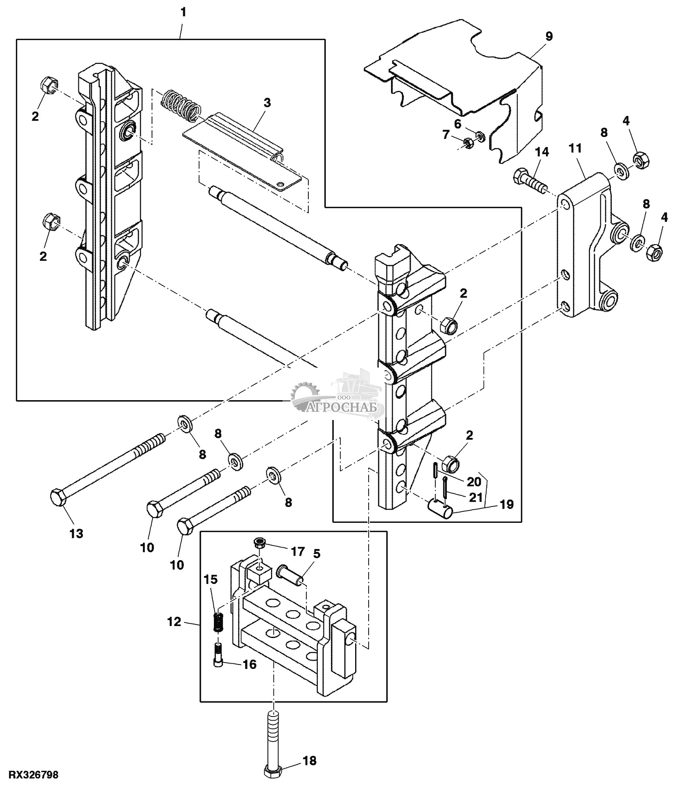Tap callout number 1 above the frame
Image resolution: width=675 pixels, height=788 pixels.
(183, 12)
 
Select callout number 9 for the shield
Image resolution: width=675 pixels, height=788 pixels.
(549, 36)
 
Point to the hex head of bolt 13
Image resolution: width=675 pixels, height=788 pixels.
(59, 497)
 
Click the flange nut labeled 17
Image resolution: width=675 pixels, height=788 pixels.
(260, 543)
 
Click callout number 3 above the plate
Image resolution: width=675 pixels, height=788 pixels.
(267, 102)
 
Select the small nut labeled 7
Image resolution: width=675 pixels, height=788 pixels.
(468, 143)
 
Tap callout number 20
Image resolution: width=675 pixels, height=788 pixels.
(474, 482)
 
